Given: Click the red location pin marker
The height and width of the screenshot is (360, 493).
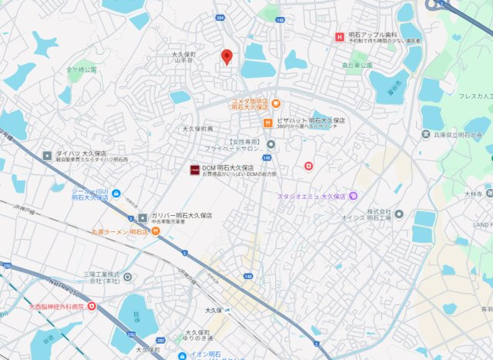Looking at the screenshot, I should pos(226,57).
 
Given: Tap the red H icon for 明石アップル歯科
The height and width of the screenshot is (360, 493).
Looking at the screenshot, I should pos(338,36).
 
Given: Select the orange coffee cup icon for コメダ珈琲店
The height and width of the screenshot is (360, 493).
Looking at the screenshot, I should pos(276,104).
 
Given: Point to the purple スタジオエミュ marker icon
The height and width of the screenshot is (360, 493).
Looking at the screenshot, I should pos(353,196).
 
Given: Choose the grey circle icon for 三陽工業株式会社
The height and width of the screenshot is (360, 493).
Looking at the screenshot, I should pos(126,276).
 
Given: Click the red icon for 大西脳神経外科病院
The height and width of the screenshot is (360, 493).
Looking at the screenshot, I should pos(92,306).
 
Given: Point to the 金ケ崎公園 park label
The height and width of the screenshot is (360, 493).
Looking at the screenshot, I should pos(82,69).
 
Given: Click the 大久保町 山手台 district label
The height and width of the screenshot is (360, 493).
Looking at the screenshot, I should pos(184,59).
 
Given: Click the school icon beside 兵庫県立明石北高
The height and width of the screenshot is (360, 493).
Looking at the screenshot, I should pos(426,135).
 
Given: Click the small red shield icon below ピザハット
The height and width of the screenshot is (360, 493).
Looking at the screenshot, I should pos(309,165).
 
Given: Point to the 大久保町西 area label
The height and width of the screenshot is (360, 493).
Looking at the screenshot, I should pos(198,129).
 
